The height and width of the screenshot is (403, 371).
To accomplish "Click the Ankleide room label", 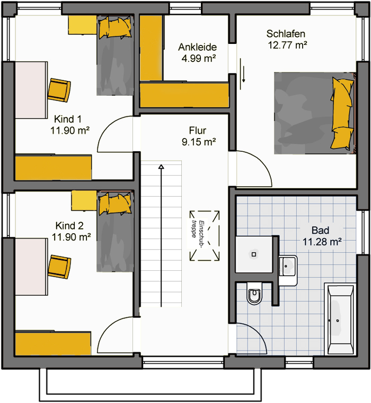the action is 197,47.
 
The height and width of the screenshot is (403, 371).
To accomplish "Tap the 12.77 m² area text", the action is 287,45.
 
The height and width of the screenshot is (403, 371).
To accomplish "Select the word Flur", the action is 198,131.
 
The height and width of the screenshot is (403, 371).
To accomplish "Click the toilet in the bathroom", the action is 254,293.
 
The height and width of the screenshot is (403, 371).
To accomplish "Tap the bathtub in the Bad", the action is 340,319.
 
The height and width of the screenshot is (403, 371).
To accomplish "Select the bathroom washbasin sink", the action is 288,270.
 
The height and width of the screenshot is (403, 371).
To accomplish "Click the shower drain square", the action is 254,254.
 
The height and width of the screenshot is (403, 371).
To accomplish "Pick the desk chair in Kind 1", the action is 59,90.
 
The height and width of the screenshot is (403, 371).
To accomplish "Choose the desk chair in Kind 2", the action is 59,267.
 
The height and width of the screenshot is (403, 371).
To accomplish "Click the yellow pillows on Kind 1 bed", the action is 115,28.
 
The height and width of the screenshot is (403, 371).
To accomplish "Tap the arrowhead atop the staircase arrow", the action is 161,167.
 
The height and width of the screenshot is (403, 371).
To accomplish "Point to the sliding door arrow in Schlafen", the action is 243,74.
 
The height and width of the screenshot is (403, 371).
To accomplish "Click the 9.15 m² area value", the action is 199,142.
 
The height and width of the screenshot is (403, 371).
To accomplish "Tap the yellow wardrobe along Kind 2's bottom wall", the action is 53,343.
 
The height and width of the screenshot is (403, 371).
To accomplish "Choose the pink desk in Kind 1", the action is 31,90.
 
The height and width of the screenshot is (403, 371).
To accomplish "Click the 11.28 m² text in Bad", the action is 322,242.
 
